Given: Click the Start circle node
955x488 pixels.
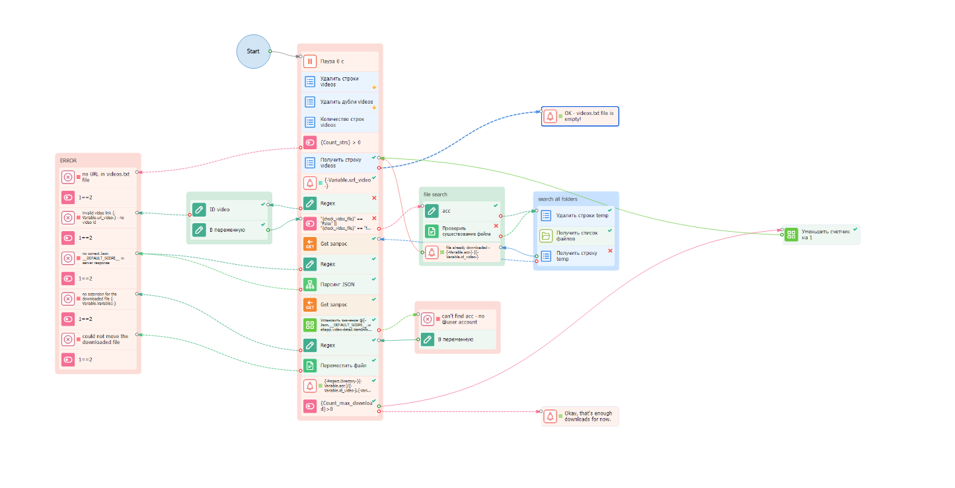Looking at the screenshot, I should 253,52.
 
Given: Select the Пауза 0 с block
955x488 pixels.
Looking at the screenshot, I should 340,61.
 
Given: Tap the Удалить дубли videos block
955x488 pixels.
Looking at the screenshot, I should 340,102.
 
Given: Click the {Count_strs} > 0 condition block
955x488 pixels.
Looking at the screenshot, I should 340,142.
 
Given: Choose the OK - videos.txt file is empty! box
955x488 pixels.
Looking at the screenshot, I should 580,116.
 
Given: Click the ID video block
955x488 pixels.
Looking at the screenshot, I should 229,209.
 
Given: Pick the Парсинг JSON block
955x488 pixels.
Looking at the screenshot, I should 340,285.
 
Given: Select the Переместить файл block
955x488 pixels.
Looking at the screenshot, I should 340,365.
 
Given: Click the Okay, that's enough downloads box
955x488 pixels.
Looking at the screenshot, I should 580,417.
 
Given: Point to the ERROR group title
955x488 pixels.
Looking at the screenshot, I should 69,160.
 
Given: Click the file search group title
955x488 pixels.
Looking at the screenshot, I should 436,195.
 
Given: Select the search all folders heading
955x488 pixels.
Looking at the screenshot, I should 558,199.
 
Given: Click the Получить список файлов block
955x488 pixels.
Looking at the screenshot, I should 576,236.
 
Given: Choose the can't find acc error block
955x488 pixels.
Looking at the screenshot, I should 457,319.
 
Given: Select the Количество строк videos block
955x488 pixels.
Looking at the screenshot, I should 340,122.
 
